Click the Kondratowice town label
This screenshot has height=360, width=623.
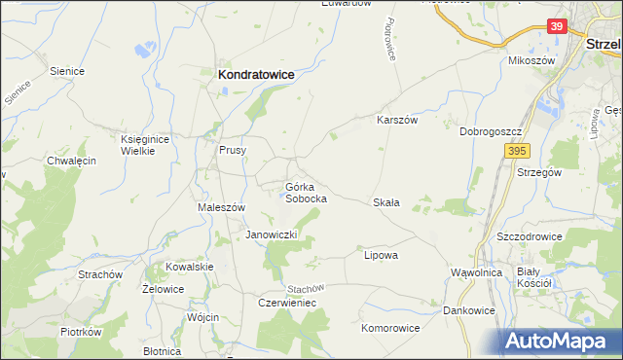(257, 73)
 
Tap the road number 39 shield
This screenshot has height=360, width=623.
(556, 26)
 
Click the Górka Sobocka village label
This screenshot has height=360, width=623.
(305, 192)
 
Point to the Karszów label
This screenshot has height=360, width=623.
(397, 120)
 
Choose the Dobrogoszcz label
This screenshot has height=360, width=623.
(493, 130)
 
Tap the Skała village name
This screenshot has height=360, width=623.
(386, 202)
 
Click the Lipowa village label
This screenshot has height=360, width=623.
(381, 255)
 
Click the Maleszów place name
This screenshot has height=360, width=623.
(221, 207)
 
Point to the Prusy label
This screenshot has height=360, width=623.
(233, 150)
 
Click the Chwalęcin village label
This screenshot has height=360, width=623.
(71, 161)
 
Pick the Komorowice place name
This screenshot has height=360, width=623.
(390, 328)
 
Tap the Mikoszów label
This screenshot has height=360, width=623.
(531, 60)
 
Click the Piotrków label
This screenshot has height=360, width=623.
(81, 332)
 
